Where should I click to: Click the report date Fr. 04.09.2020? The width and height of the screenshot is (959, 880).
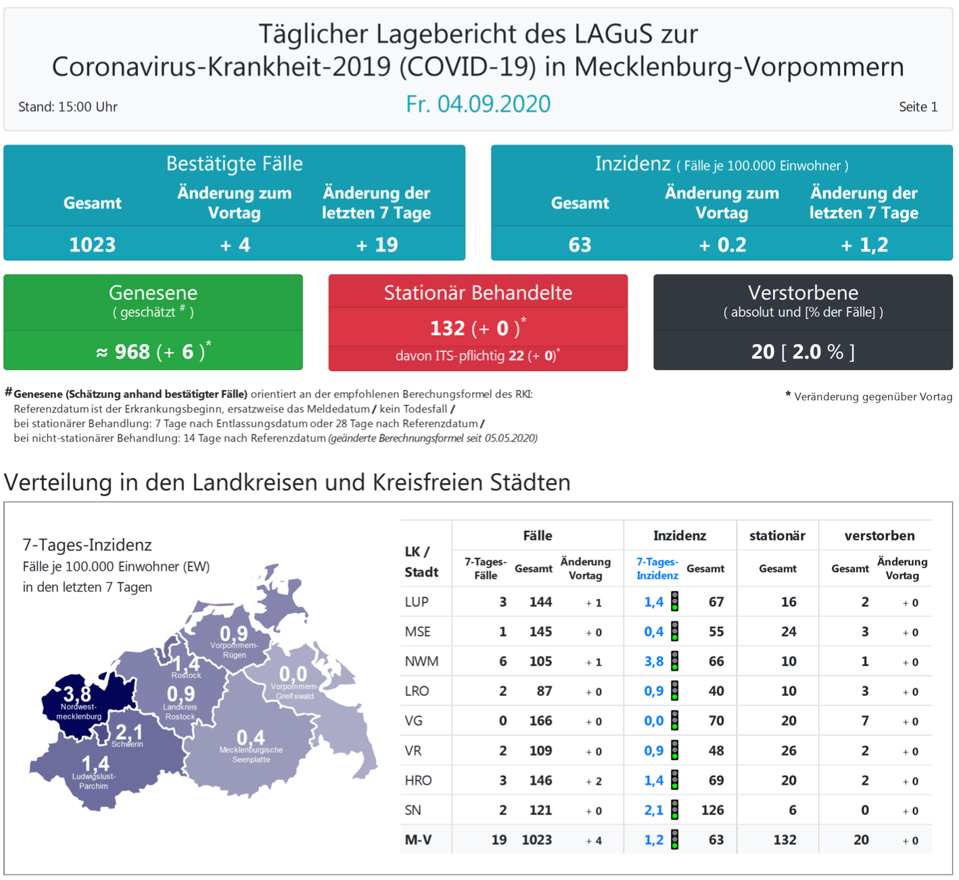click(x=478, y=104)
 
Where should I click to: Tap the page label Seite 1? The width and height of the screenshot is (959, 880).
click(x=918, y=107)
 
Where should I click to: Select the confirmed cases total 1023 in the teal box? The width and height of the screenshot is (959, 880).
click(x=93, y=244)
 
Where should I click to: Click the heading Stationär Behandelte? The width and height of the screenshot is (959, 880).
click(x=478, y=292)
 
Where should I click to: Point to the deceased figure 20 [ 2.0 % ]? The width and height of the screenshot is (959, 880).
click(x=803, y=351)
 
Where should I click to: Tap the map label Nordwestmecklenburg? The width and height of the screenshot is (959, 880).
click(x=78, y=711)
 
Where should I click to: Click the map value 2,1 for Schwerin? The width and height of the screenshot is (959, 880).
click(x=128, y=732)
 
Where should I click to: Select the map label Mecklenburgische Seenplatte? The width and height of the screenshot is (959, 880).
click(x=251, y=754)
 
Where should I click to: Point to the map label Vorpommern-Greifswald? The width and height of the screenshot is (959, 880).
click(x=294, y=691)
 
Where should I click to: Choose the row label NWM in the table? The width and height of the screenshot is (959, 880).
click(x=421, y=661)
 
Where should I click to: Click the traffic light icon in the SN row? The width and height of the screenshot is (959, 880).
click(x=674, y=810)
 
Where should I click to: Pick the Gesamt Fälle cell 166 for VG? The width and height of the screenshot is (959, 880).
click(x=540, y=721)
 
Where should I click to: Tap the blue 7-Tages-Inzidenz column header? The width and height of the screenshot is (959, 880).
click(x=657, y=569)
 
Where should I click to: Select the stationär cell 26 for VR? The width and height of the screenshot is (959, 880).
click(x=788, y=751)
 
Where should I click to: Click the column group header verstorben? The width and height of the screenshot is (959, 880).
click(x=879, y=535)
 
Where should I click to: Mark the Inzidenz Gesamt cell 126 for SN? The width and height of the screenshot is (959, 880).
click(x=712, y=810)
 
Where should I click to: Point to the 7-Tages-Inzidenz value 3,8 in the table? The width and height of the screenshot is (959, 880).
click(x=653, y=661)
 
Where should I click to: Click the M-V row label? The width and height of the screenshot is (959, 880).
click(x=418, y=840)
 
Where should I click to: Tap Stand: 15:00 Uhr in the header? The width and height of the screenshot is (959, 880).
click(x=68, y=107)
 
